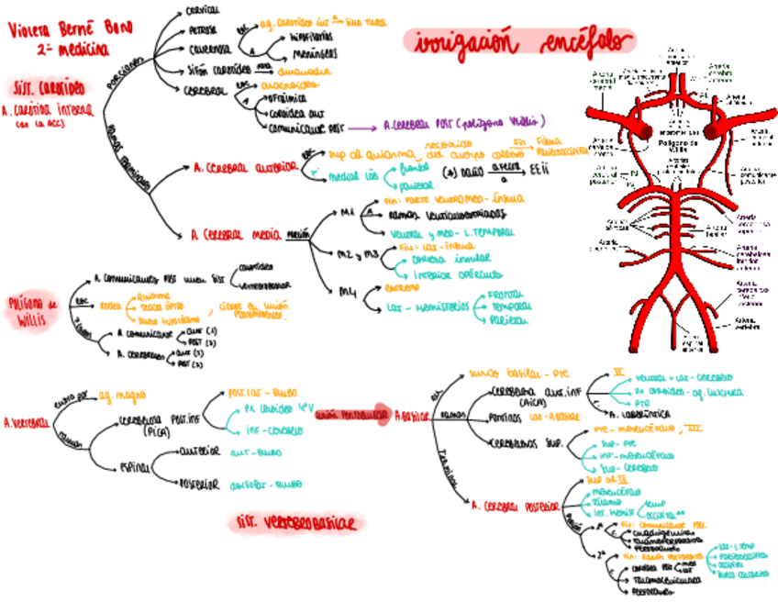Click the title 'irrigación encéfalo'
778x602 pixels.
(520, 41)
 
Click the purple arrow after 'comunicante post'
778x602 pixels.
(363, 127)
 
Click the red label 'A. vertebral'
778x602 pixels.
(25, 423)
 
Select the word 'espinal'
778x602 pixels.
(134, 468)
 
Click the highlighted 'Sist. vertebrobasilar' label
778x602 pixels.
(295, 522)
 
